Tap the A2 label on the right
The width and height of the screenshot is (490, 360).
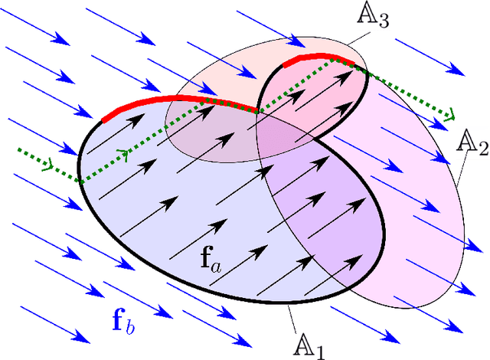coord(472,143)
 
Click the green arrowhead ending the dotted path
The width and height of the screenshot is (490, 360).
coord(450,116)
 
